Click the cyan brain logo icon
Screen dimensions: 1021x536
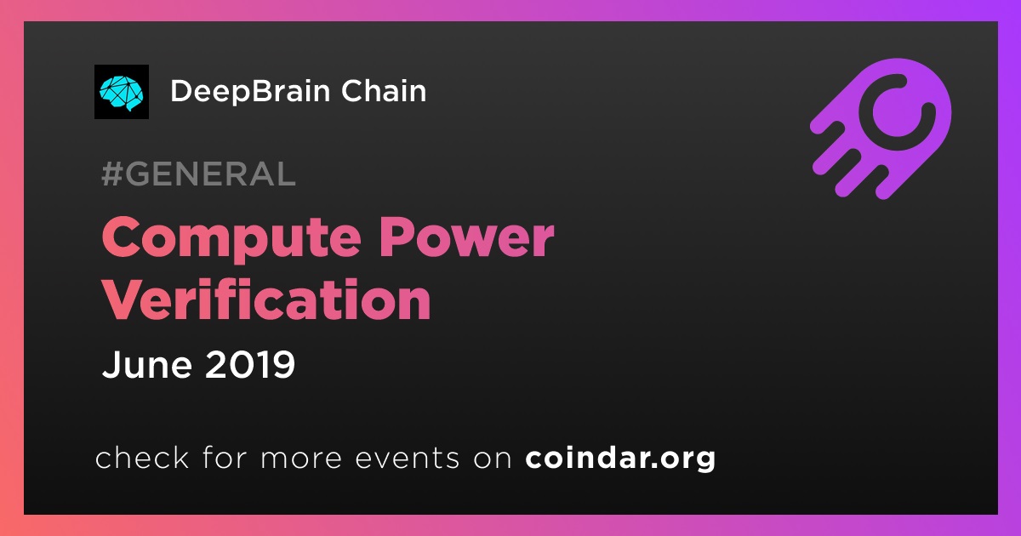121,92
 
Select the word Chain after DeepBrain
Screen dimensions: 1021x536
384,91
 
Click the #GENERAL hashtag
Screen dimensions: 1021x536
199,174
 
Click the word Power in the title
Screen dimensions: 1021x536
467,237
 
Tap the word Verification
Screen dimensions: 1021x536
266,299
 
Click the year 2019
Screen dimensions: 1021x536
250,364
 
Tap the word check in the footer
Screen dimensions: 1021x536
142,457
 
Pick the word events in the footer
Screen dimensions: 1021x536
408,458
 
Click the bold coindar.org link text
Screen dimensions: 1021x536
620,458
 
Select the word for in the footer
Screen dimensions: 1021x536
225,457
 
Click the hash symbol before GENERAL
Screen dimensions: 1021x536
111,174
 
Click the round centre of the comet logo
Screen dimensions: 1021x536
897,112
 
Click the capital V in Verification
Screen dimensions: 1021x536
124,299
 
